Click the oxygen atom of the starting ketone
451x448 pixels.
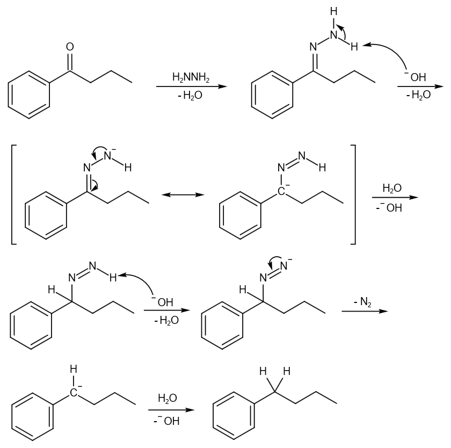pyautogui.click(x=70, y=47)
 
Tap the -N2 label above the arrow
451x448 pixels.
pyautogui.click(x=362, y=302)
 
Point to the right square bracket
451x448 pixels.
pyautogui.click(x=352, y=194)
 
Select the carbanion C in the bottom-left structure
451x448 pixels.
pyautogui.click(x=74, y=394)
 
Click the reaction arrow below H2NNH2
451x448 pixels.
pyautogui.click(x=191, y=86)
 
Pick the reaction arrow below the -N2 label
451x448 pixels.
pyautogui.click(x=364, y=311)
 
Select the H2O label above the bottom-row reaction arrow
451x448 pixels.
pyautogui.click(x=167, y=399)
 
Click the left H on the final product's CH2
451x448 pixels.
pyautogui.click(x=263, y=372)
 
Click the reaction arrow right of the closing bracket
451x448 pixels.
pyautogui.click(x=394, y=198)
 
